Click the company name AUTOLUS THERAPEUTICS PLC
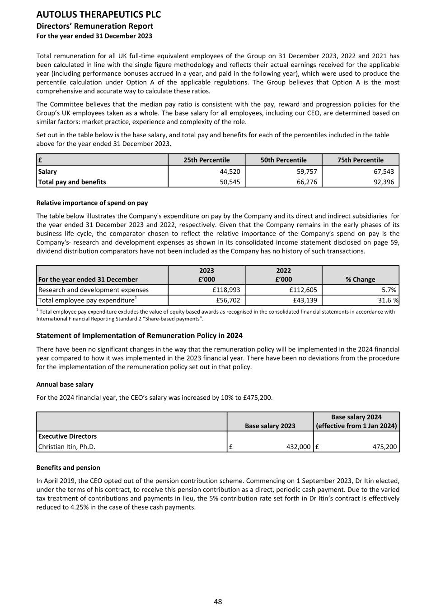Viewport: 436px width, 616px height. point(98,14)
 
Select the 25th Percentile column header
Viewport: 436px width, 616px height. point(206,160)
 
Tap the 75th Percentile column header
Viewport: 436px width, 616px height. point(360,160)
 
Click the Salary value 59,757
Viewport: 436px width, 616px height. point(307,171)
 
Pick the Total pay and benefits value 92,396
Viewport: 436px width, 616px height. point(384,182)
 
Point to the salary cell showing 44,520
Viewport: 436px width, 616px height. point(230,171)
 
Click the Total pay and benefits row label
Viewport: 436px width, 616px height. point(72,182)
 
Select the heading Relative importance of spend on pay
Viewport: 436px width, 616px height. point(92,203)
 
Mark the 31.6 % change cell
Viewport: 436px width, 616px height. point(387,300)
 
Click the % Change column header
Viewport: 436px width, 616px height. point(360,279)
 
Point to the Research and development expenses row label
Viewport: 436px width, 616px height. point(94,290)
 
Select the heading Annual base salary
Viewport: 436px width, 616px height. point(65,384)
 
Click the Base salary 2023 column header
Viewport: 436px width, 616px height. point(270,426)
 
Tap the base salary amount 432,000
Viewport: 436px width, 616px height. point(298,447)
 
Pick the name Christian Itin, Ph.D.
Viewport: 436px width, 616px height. point(67,447)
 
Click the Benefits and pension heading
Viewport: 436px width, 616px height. point(68,468)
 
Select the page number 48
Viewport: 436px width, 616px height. point(218,602)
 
